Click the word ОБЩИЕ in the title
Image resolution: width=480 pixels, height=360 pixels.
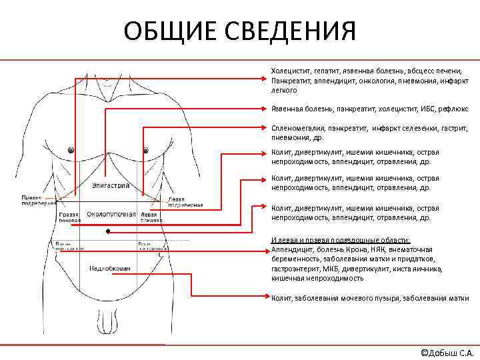click(x=171, y=31)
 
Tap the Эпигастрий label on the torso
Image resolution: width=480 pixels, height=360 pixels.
click(x=111, y=185)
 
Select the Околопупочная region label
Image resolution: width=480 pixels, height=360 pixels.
click(x=111, y=214)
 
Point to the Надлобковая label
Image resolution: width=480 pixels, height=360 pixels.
click(x=110, y=268)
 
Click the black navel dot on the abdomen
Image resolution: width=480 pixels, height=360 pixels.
click(x=107, y=231)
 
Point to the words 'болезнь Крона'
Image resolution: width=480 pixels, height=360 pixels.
click(x=333, y=249)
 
